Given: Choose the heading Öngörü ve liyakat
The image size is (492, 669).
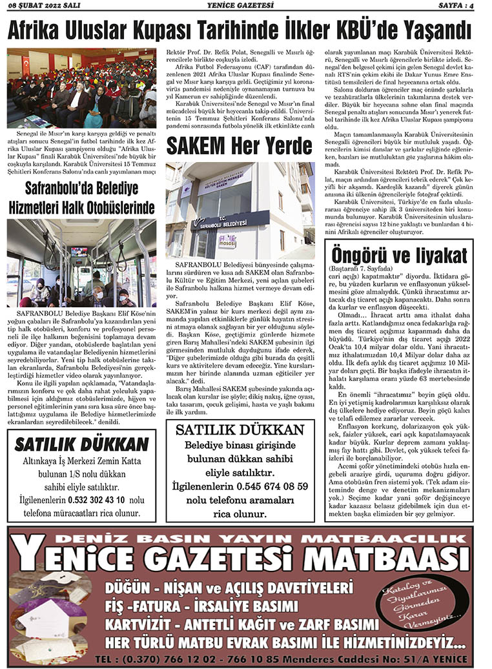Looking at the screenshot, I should point(398,253).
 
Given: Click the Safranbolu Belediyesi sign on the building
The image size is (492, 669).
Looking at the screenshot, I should point(230,222).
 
